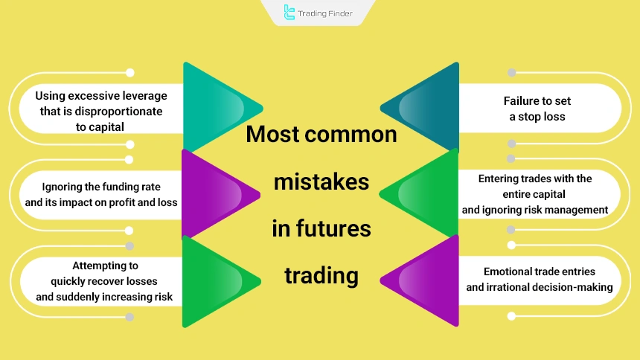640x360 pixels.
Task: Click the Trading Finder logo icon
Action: coord(289,13)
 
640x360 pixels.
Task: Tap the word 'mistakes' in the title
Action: coord(321,181)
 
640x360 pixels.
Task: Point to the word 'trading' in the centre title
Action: coord(321,275)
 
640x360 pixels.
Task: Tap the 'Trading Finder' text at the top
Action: coord(325,13)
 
